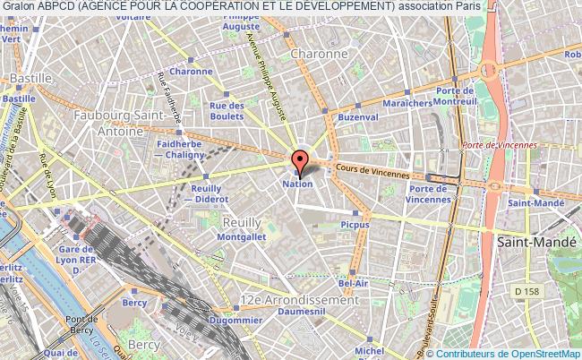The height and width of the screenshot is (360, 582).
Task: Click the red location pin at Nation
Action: [299, 161]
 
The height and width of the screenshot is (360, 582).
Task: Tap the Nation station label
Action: [299, 184]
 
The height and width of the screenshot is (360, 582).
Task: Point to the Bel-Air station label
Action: [355, 283]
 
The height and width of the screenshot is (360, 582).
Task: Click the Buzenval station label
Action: [358, 117]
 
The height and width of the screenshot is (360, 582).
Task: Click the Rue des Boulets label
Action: [227, 111]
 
